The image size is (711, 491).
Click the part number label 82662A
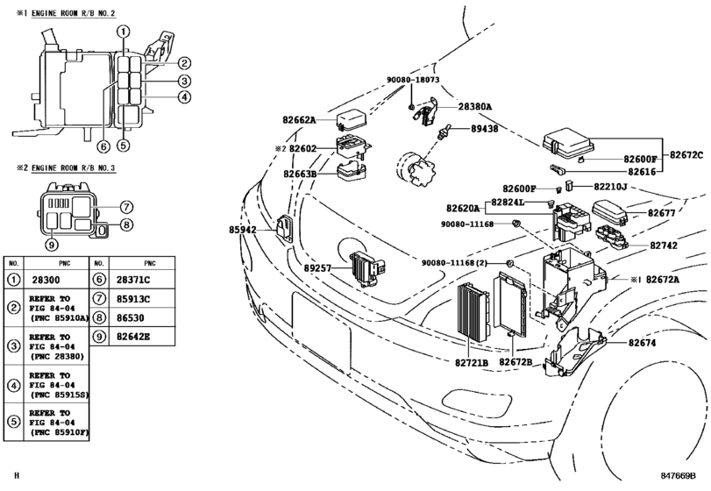click(299, 120)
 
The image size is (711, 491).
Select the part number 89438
click(484, 129)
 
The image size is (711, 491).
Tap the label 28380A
click(475, 107)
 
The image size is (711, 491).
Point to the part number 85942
click(243, 230)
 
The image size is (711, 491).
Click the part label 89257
click(318, 268)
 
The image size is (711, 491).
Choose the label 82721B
click(472, 363)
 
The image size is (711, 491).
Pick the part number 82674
click(642, 343)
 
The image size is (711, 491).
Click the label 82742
click(664, 245)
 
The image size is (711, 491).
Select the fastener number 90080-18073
click(413, 80)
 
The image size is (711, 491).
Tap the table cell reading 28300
click(46, 281)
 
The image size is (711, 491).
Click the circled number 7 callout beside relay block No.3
click(126, 207)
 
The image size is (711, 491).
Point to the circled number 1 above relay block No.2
click(123, 32)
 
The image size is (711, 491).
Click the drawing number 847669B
click(678, 475)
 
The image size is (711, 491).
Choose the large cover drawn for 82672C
click(569, 144)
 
